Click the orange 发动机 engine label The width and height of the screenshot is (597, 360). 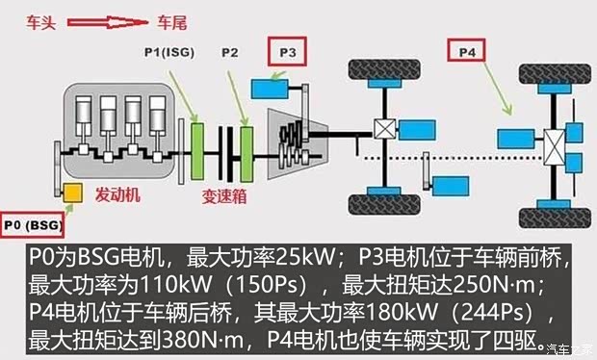118,194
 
